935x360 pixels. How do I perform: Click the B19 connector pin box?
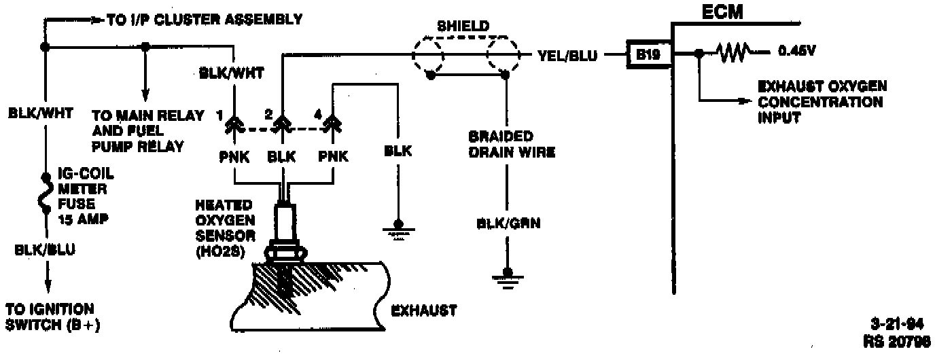tap(648, 55)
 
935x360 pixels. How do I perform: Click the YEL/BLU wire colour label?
tap(567, 56)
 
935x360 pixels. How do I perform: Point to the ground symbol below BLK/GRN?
tap(506, 276)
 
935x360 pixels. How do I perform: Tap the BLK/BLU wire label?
tap(45, 250)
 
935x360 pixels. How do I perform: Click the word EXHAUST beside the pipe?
tap(424, 310)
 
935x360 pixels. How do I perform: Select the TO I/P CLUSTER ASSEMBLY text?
tap(204, 20)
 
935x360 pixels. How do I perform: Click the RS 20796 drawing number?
tap(898, 341)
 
